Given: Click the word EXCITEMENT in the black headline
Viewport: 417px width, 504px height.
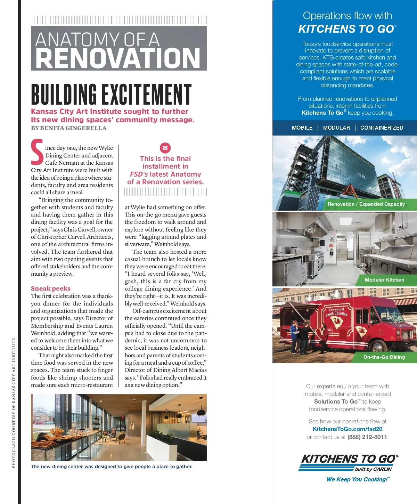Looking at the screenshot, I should coord(146,95).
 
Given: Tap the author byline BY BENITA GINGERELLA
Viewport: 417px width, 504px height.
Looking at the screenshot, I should coord(69,128).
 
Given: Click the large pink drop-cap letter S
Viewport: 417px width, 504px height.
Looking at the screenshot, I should coord(37,152).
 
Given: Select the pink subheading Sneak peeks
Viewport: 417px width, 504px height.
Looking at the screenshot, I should coord(51,288).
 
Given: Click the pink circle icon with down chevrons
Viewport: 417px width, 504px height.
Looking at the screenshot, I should coord(165,148).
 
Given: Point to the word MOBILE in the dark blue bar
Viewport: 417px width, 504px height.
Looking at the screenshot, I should coord(302,128).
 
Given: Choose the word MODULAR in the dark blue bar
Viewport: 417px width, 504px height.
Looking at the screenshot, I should coord(336,128).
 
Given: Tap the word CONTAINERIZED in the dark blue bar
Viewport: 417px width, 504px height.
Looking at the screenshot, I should coord(382,128).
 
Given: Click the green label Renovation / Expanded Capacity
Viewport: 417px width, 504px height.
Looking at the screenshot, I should coord(366,204).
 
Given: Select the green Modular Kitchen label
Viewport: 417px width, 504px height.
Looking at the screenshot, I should coord(384,280).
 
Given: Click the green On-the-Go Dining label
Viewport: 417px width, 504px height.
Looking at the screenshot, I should coord(384,357).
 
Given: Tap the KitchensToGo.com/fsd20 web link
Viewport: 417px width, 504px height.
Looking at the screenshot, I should coord(347,429).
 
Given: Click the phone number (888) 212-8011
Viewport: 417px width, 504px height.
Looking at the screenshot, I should coord(367,437).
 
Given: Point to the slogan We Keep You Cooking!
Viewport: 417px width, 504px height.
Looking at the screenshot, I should coord(358,479).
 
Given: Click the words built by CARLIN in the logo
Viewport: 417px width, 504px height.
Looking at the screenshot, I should coord(373,469).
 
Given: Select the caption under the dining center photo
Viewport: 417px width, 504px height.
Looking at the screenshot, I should coord(112,466).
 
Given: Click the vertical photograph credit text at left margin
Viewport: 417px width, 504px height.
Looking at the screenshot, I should coord(14,403).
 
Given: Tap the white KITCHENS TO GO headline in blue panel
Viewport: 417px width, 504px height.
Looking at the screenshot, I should coord(347,29).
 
